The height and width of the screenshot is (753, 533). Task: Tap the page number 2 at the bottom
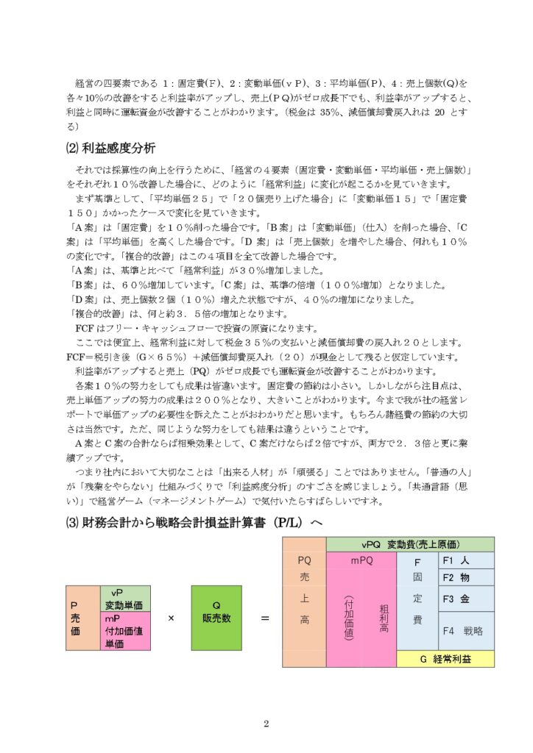coord(266,724)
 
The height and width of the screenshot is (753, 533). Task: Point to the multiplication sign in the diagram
coord(171,618)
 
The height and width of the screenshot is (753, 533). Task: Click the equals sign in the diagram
coord(265,618)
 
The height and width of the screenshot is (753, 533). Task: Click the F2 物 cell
coord(465,578)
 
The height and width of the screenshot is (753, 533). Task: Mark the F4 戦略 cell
coord(465,631)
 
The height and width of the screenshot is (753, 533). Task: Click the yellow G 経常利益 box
coord(445,659)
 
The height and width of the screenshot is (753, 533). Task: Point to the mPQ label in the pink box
coord(361,560)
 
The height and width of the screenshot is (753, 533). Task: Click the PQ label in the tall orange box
coord(304,560)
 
